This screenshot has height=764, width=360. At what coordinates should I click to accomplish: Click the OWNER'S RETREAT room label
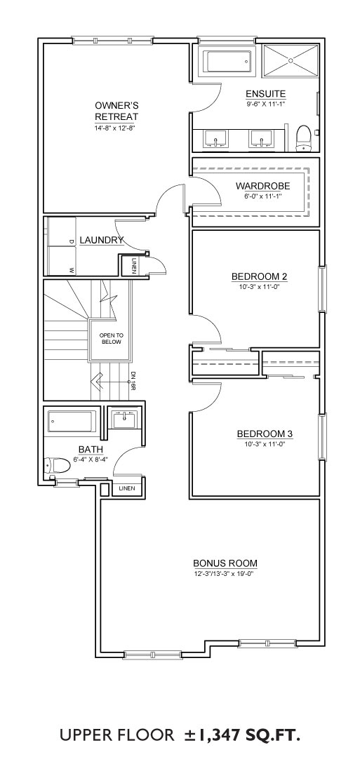coord(116,111)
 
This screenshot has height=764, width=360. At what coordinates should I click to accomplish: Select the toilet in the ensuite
coord(304,138)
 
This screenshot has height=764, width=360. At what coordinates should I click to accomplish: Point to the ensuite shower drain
coord(291,60)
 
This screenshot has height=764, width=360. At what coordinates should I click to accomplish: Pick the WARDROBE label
coord(263,186)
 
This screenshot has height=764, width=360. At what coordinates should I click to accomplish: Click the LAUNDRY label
coord(101,240)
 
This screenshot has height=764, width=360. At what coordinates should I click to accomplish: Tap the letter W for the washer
coord(71,269)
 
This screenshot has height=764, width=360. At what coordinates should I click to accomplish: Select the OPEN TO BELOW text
coord(111,339)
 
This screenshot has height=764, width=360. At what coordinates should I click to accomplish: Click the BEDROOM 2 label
coord(259,276)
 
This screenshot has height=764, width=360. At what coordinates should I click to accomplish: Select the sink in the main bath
coord(125,418)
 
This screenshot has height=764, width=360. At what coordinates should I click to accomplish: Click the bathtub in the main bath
coord(72,422)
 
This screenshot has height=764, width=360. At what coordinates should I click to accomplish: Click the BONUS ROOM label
coord(225,564)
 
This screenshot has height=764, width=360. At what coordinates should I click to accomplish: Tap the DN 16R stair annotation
coord(133,380)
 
